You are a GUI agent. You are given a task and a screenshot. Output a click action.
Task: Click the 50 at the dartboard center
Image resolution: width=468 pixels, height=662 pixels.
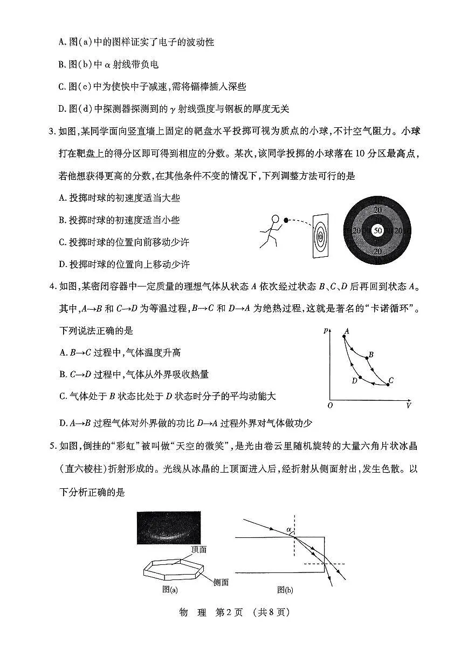(x=378, y=230)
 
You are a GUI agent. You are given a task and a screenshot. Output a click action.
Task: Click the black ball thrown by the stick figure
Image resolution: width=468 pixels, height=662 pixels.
(x=286, y=220)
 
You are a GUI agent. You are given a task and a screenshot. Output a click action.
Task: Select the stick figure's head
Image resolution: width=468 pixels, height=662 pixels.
(x=275, y=220)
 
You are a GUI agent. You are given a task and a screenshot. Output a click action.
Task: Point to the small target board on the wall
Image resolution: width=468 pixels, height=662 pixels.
(x=320, y=236)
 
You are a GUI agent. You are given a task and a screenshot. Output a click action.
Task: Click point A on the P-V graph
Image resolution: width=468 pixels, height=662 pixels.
(x=344, y=336)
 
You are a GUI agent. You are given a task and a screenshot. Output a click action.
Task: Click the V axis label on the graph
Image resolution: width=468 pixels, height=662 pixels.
(x=408, y=405)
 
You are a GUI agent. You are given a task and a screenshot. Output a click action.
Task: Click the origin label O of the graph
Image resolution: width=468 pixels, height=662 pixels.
(x=330, y=405)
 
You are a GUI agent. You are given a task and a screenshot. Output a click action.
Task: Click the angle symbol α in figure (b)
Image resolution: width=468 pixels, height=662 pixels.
(x=289, y=530)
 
